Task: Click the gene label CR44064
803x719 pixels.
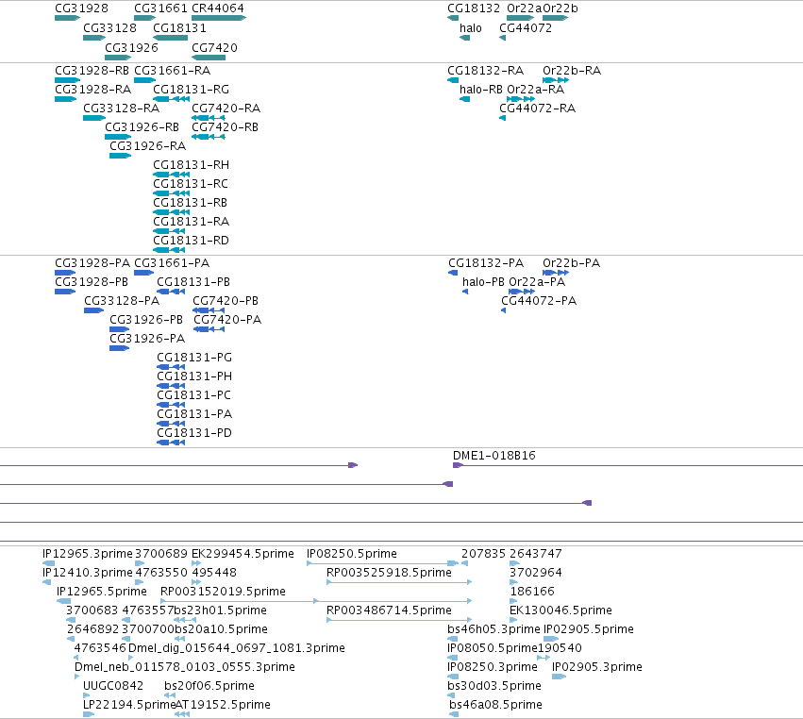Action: (x=218, y=8)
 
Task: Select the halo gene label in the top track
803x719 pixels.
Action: (x=471, y=28)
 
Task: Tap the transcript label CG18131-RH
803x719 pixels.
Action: (x=191, y=165)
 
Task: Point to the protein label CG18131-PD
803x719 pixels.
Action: (x=194, y=433)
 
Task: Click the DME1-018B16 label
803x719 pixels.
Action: (x=494, y=456)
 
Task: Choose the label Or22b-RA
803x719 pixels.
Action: (x=572, y=71)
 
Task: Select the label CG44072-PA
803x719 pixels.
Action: (x=539, y=301)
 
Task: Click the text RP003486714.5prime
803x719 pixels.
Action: (x=389, y=610)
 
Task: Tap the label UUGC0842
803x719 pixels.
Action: (x=113, y=686)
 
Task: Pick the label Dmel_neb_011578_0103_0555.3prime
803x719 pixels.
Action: (x=185, y=667)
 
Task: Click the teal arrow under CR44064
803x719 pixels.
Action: (x=219, y=18)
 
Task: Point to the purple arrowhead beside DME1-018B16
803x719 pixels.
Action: (x=458, y=465)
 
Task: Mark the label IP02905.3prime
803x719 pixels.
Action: (x=597, y=667)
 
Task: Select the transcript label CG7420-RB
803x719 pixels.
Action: (x=225, y=127)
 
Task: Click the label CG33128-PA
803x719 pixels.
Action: (x=122, y=301)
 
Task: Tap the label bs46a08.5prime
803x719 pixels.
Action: (x=495, y=705)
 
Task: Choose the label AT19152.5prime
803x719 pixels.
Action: (x=223, y=705)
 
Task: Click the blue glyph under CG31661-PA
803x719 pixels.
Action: (x=144, y=273)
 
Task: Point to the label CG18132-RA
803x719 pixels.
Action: (x=486, y=71)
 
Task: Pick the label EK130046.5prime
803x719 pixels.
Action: (x=560, y=610)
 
